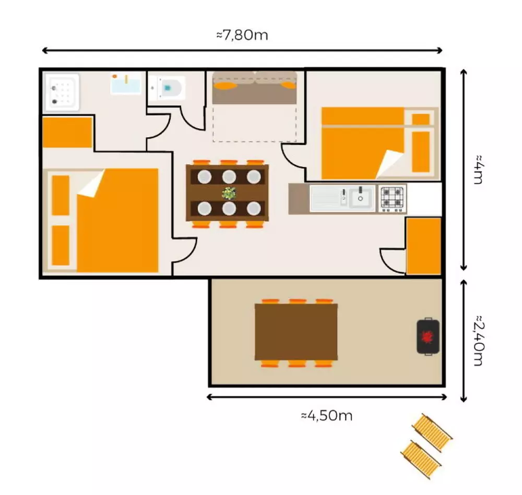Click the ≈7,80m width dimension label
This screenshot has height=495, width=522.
(x=242, y=35)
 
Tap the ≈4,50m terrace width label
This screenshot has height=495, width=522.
(x=327, y=416)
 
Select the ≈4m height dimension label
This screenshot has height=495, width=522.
(x=478, y=169)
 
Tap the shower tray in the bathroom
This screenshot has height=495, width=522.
(x=62, y=92)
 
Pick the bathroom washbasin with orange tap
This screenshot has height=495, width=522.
(x=125, y=83)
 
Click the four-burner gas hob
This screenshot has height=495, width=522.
(x=392, y=198)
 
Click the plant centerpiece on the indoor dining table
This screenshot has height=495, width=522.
(x=229, y=193)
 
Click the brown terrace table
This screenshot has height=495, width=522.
(x=296, y=332)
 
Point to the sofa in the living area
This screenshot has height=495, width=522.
(x=255, y=88)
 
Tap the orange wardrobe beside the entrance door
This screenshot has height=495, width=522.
(x=423, y=246)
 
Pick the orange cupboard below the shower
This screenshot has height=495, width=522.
(x=67, y=132)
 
